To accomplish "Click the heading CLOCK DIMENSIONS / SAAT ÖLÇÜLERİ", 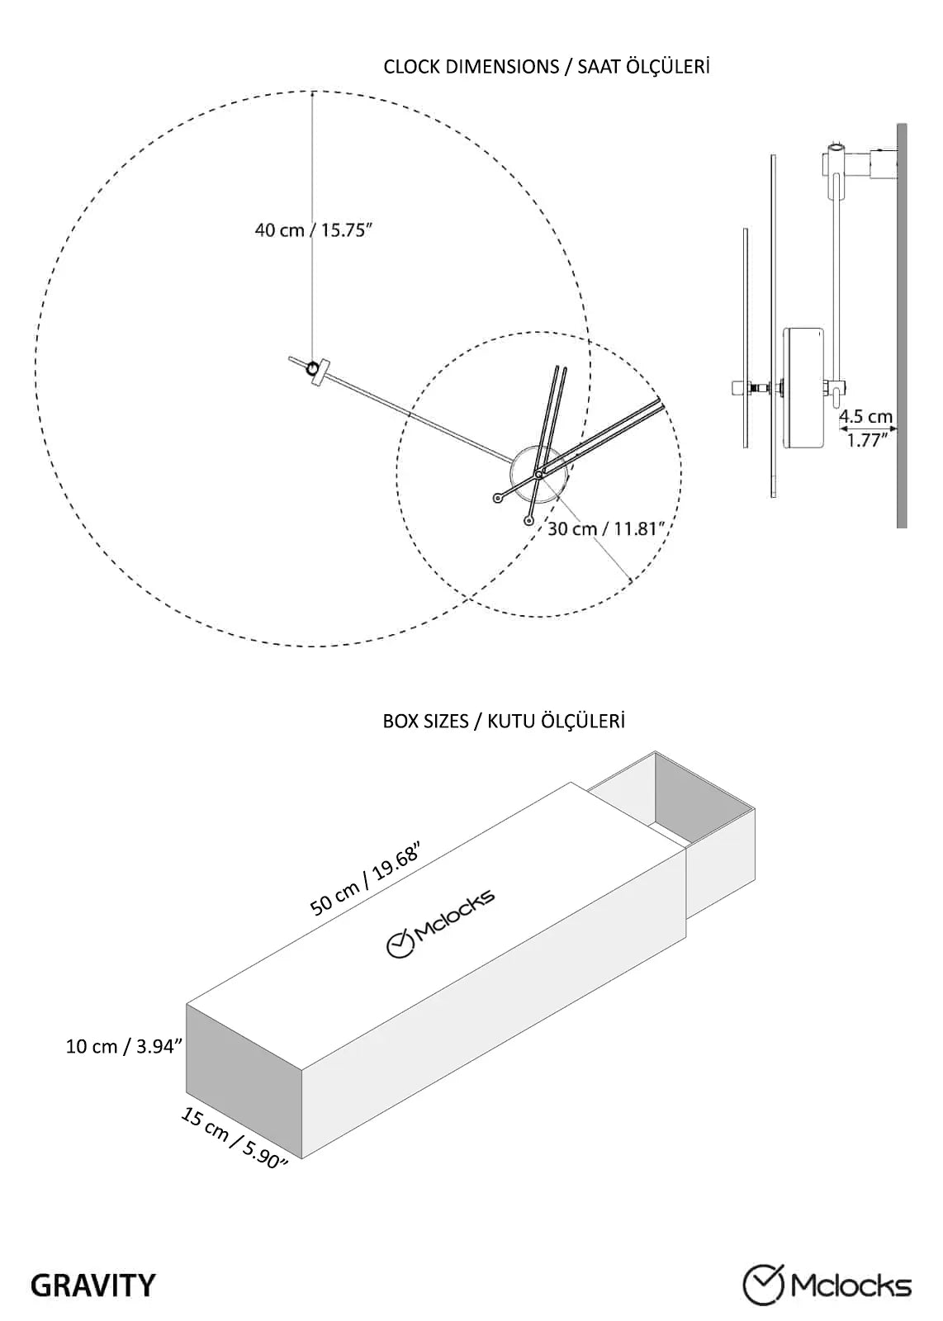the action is [x=546, y=67].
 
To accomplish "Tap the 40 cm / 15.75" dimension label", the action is [x=314, y=230].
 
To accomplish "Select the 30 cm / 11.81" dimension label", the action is [x=609, y=528].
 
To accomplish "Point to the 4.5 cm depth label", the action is [x=865, y=416].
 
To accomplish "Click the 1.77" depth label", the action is [x=868, y=439].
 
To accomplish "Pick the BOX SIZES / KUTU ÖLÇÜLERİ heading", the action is [x=504, y=721].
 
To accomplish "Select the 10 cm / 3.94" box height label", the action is [x=123, y=1046].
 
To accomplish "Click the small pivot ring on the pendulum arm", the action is [x=312, y=368].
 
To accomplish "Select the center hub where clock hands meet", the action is [x=538, y=474].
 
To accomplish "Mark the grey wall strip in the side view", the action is [x=901, y=325].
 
